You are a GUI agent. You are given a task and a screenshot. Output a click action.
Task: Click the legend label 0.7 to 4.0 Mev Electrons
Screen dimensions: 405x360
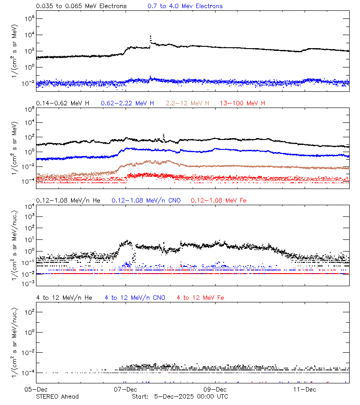tap(185, 6)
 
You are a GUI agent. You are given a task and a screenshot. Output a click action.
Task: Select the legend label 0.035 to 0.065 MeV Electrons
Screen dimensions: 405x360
tap(81, 6)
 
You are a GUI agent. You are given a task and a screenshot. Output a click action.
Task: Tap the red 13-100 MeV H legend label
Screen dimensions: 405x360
tap(243, 103)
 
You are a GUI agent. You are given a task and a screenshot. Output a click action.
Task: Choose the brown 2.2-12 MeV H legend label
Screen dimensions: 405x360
tap(188, 103)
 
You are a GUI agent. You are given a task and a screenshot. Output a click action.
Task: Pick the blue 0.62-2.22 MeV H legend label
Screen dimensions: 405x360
tap(127, 103)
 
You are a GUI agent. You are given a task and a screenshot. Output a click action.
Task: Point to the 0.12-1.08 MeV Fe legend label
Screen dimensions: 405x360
tap(219, 200)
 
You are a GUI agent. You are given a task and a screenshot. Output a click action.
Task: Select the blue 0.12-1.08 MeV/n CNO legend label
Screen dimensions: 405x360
tap(146, 200)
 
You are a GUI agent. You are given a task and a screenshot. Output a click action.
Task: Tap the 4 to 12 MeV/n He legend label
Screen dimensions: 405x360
tap(64, 297)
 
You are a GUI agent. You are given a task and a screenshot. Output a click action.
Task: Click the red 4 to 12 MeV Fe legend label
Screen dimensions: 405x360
tap(200, 297)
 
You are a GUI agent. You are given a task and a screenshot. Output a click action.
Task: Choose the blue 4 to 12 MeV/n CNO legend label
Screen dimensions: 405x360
tap(135, 297)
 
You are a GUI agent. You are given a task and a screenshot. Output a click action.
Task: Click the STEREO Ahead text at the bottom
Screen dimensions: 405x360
tap(57, 396)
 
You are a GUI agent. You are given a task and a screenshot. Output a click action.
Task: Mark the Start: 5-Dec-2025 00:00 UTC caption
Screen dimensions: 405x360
tap(180, 396)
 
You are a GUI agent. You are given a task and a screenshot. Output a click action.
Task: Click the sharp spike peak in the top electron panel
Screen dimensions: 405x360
tap(150, 36)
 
